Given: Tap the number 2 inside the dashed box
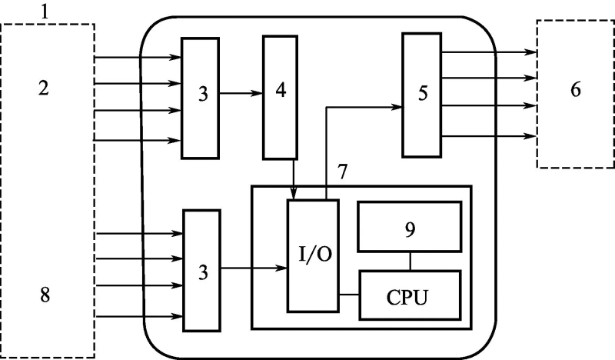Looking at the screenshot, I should coord(44,88).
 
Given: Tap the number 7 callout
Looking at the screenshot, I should coord(343,171).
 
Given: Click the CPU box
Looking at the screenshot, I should coord(409,296).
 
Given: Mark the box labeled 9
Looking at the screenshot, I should coord(409,227).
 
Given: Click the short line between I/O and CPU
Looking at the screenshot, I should coord(349,295).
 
